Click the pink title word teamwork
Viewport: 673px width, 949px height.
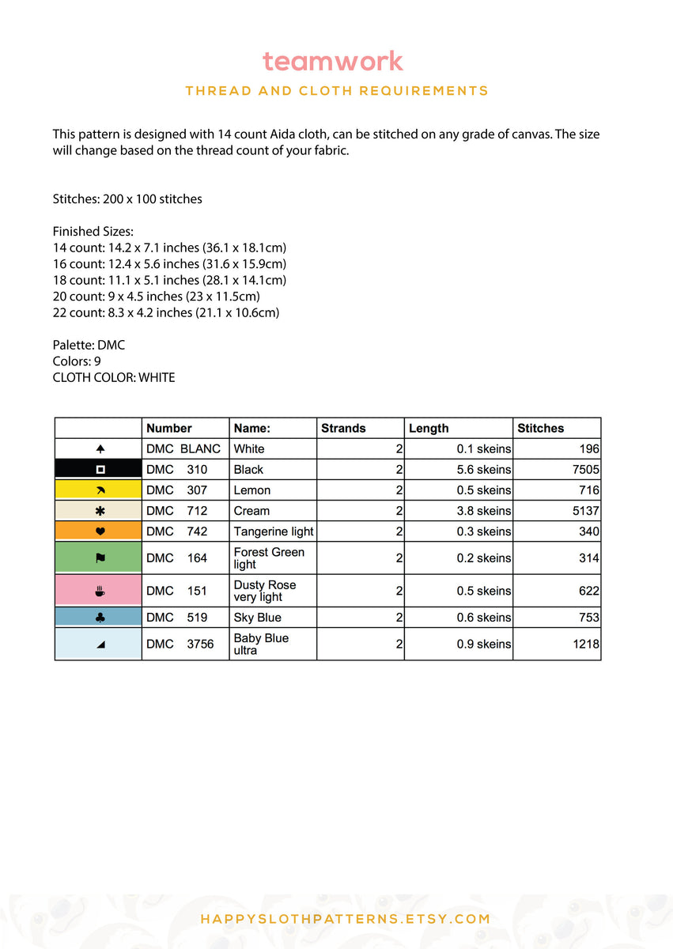point(333,61)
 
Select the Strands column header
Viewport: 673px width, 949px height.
point(343,428)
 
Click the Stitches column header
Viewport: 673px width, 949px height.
point(540,428)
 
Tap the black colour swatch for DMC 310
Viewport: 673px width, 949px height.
point(98,469)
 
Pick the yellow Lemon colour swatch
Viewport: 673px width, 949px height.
point(98,490)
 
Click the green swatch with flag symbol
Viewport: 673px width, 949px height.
point(98,558)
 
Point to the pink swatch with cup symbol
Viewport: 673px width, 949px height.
point(98,591)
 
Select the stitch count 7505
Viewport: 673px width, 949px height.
point(584,469)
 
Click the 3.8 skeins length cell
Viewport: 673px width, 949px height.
point(483,511)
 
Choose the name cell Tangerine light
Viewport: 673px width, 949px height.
point(274,531)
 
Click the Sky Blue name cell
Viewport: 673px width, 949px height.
point(258,618)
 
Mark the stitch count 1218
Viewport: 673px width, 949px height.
point(586,644)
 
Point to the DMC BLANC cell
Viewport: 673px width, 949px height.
point(183,448)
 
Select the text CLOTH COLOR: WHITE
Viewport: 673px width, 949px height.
point(114,378)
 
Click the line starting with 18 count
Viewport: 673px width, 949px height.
point(169,280)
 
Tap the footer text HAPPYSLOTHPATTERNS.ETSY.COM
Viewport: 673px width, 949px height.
point(346,919)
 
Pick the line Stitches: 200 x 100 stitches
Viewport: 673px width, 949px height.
point(127,199)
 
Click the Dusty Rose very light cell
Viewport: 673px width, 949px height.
point(265,591)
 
